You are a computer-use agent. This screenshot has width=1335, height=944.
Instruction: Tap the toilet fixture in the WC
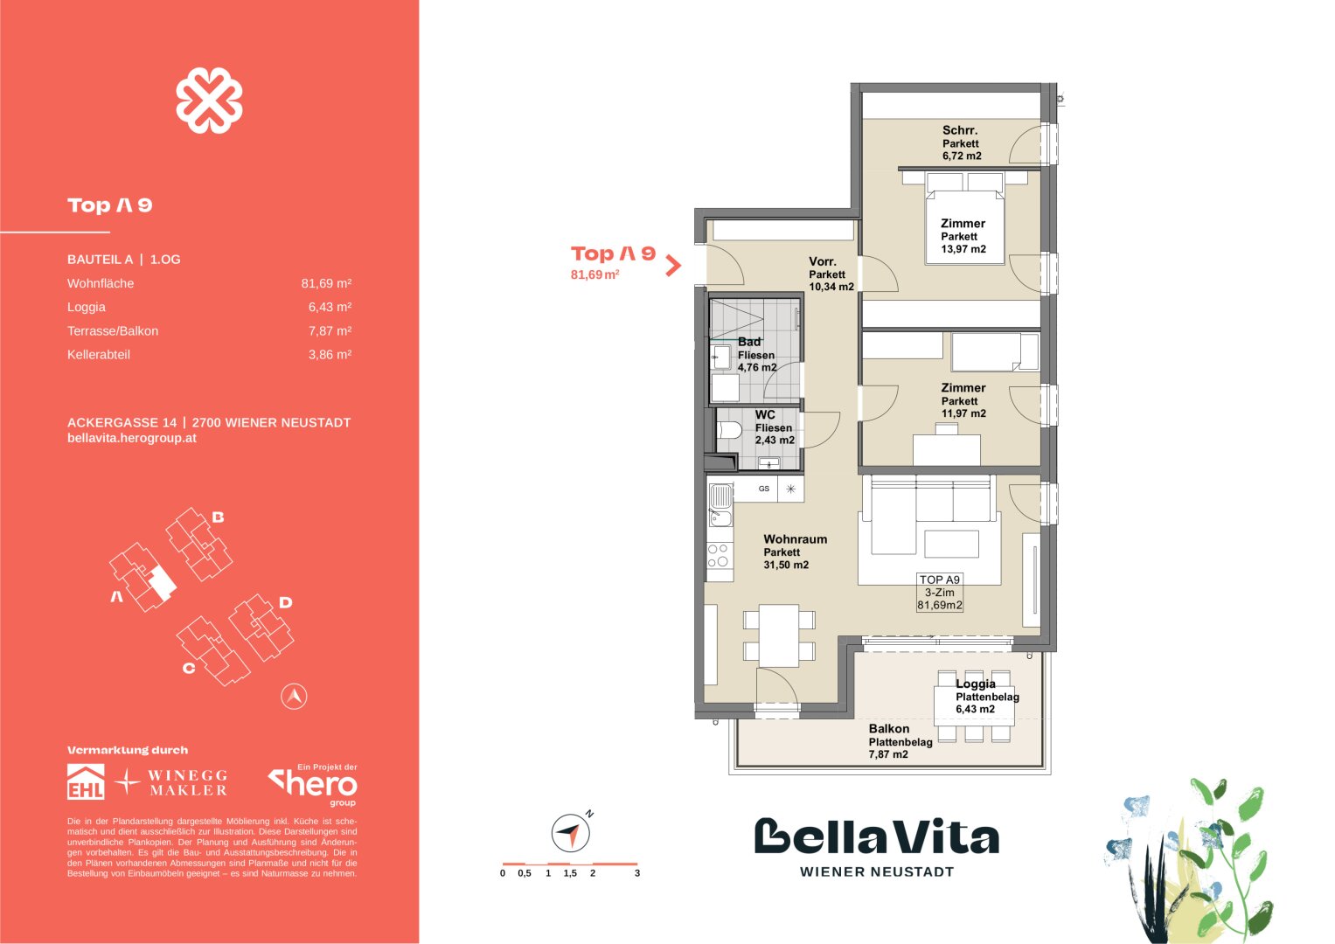pos(729,430)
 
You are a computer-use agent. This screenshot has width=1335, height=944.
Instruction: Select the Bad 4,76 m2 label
pos(757,355)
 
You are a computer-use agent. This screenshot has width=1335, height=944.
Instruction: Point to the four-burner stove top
pos(720,556)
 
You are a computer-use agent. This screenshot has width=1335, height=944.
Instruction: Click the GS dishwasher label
pos(764,489)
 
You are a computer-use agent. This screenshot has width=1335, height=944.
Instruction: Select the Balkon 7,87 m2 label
pos(900,741)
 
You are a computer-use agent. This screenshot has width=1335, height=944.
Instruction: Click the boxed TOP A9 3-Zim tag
pos(939,593)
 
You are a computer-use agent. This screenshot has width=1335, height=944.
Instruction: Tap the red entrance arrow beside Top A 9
pos(673,266)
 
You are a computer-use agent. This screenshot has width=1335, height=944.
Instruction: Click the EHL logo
pos(86,781)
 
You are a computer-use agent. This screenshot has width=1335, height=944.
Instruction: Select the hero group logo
pos(313,785)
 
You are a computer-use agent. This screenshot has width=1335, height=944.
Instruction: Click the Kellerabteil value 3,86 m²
pos(330,355)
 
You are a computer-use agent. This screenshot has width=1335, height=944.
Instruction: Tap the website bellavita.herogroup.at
pos(132,438)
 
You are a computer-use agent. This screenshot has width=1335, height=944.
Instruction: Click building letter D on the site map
pos(286,602)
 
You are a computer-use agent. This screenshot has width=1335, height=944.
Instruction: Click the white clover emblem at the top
pos(209,101)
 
